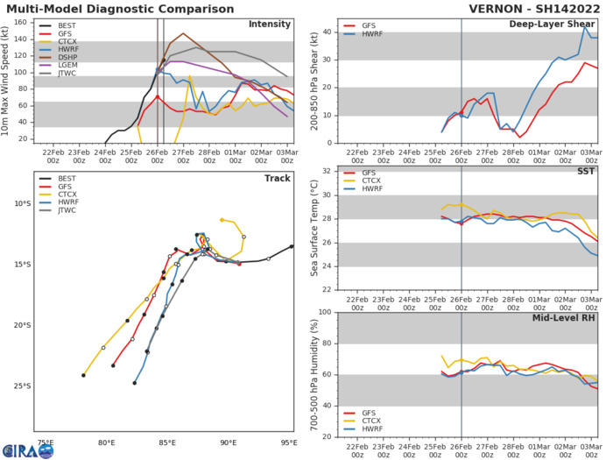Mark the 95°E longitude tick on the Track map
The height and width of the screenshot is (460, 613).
[292, 442]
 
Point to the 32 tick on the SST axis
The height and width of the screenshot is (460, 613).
[328, 171]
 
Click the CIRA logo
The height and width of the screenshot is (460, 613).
[27, 449]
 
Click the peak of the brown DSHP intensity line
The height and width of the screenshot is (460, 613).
[183, 33]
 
